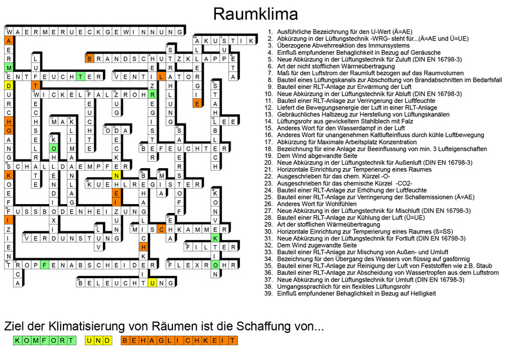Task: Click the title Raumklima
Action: [x=255, y=14]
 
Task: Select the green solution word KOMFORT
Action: [x=44, y=341]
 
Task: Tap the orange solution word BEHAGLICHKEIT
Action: [x=179, y=341]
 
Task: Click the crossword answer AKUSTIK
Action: [x=225, y=41]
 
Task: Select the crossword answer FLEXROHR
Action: [x=204, y=265]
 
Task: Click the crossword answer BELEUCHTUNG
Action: [x=126, y=283]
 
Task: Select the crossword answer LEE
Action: [x=224, y=122]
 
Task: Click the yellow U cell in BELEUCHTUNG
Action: [x=152, y=283]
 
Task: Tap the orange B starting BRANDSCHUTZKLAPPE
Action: [x=90, y=59]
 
